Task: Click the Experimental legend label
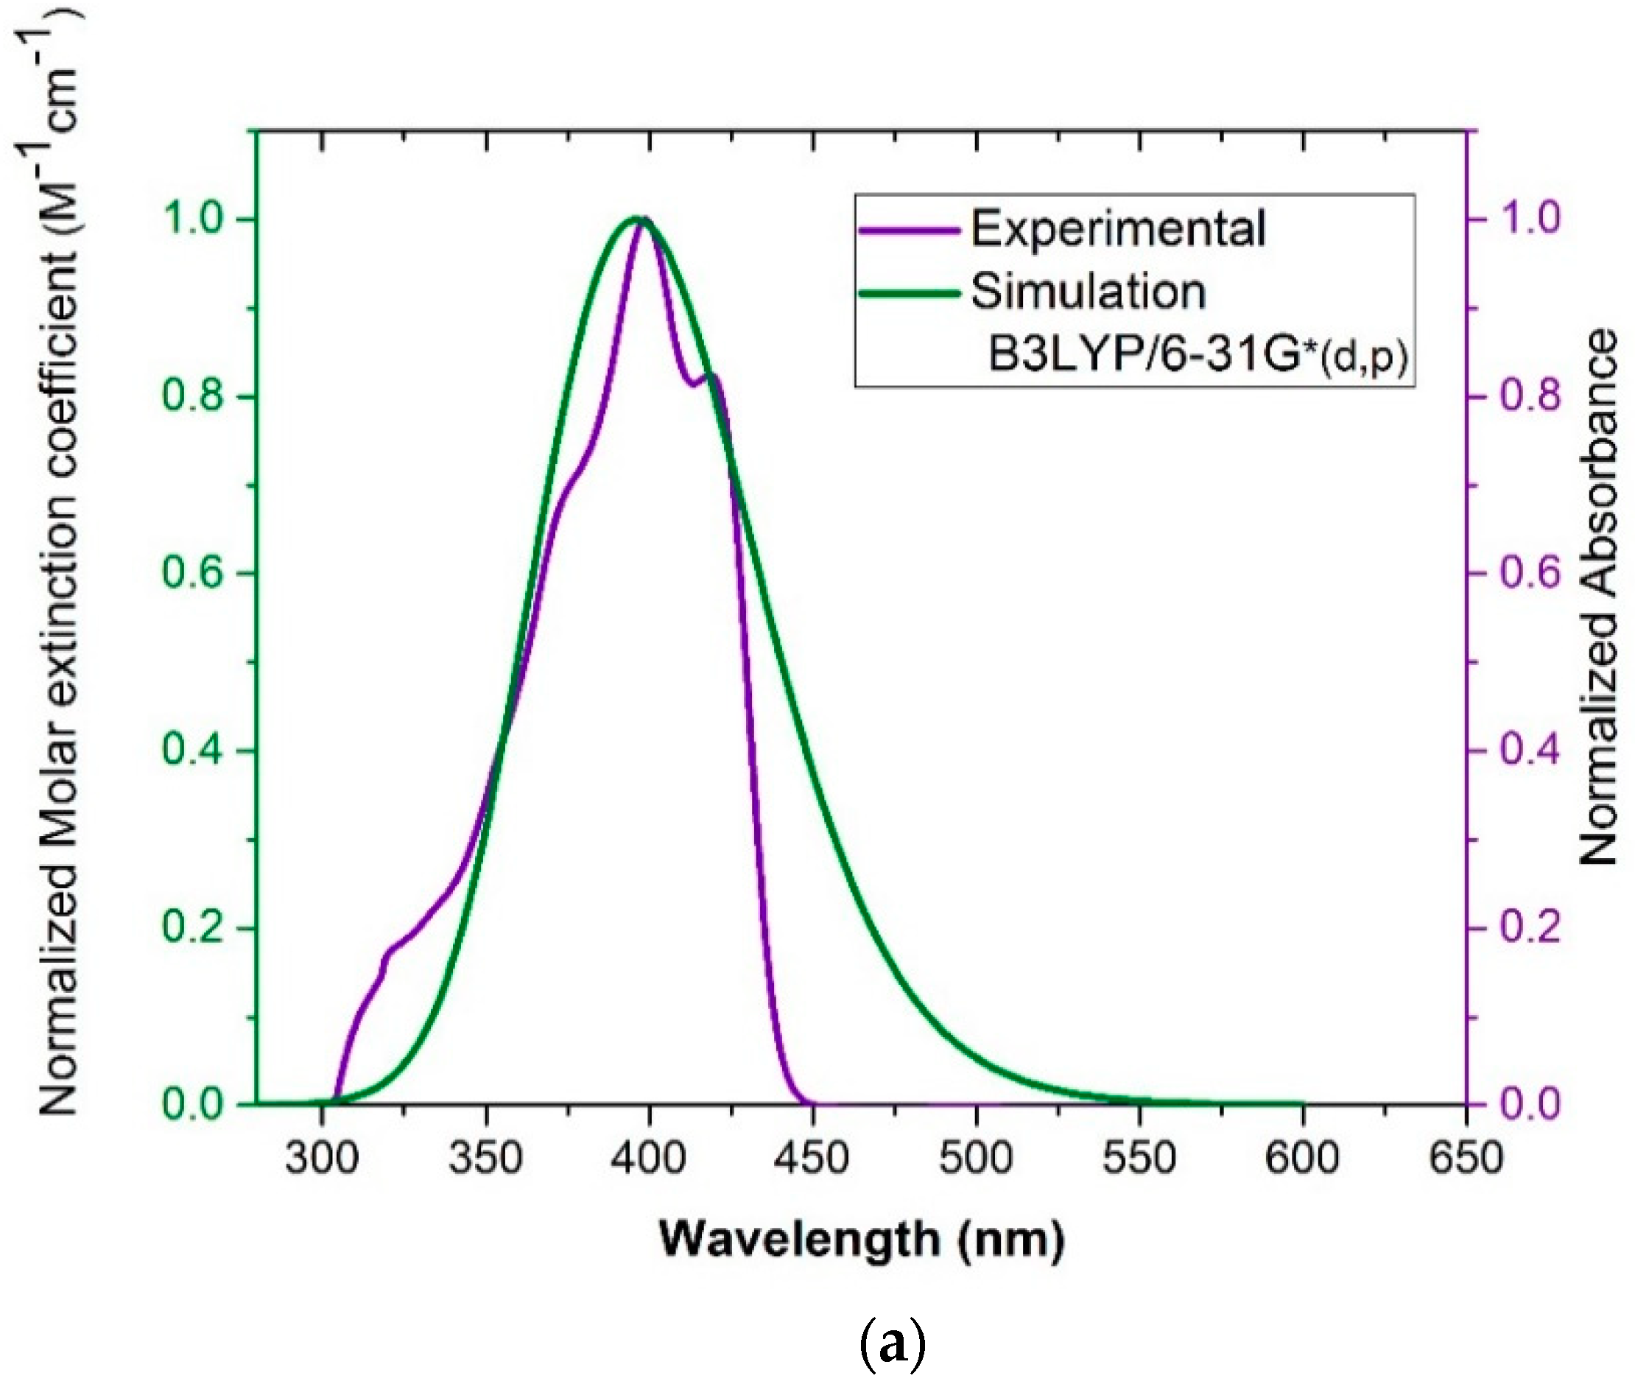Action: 1117,229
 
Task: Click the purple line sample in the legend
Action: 910,230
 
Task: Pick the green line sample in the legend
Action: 910,293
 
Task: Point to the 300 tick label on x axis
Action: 322,1158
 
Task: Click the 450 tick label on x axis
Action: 813,1158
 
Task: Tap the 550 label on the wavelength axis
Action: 1139,1158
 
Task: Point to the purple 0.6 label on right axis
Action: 1530,573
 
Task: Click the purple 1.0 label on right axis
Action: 1530,219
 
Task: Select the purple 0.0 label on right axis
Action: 1530,1104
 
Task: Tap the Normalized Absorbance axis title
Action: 1597,597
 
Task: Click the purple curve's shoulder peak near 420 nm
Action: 712,376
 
